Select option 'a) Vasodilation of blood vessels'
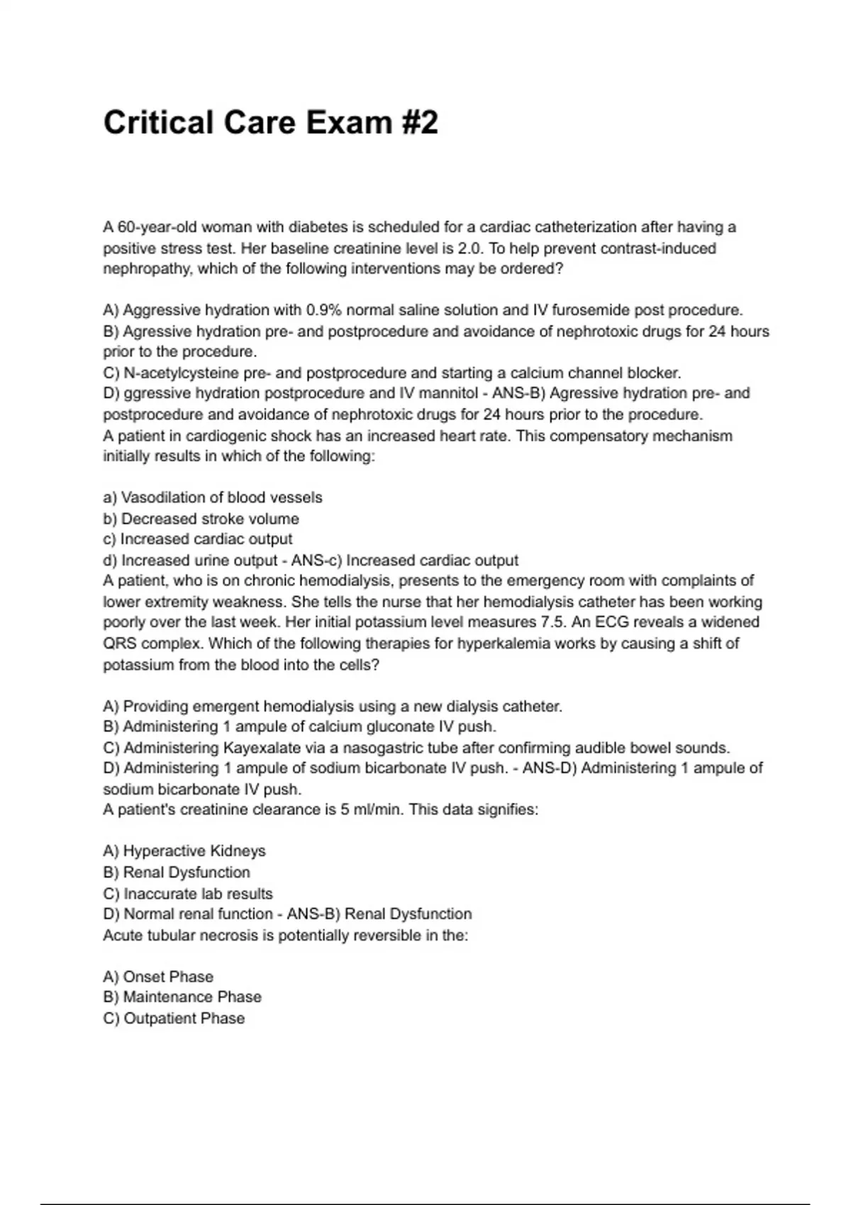pos(213,498)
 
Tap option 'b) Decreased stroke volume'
pos(201,519)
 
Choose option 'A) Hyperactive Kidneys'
pos(184,851)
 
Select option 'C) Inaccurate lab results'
pos(188,894)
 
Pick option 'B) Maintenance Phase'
pos(182,997)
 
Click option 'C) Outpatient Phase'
pos(174,1019)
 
